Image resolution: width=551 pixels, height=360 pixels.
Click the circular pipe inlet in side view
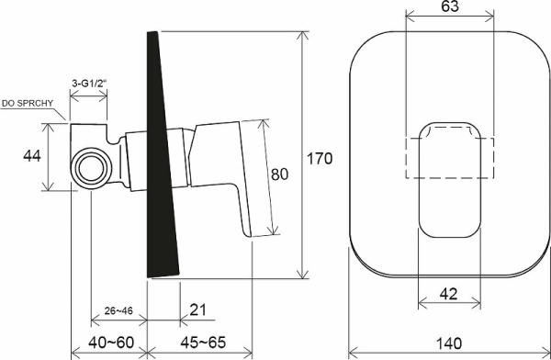coord(91,168)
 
